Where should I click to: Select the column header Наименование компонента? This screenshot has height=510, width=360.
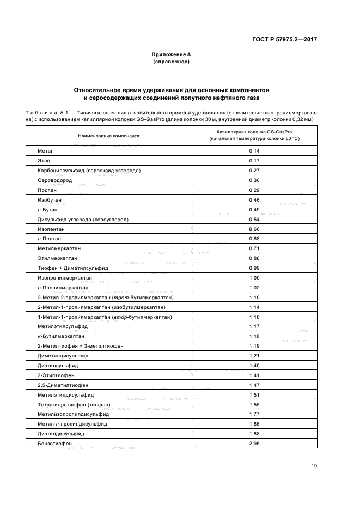pos(108,136)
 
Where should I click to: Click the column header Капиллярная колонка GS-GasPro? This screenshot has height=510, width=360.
pos(254,132)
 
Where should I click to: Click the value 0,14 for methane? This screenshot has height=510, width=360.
pos(254,150)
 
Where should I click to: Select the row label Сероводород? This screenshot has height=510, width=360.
pos(55,180)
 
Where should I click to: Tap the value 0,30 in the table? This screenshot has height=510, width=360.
pos(254,180)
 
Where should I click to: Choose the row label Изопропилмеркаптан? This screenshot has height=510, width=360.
pos(65,277)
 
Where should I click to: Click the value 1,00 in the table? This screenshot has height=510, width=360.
pos(254,277)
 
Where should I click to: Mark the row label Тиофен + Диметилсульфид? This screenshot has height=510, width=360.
pos(73,268)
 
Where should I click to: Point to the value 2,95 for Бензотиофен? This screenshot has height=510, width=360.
pos(254,444)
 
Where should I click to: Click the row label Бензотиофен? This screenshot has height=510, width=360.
pos(55,444)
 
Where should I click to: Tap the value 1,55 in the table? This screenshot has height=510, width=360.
pos(254,404)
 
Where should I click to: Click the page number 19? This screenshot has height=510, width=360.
pos(314,466)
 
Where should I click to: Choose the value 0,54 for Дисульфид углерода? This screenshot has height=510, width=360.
pos(254,219)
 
